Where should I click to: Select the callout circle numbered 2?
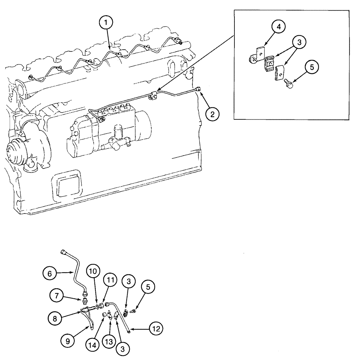tap(213, 114)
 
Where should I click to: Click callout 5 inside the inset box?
tap(312, 67)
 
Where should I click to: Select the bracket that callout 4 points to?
tap(258, 54)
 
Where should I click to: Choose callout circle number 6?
tap(50, 273)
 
